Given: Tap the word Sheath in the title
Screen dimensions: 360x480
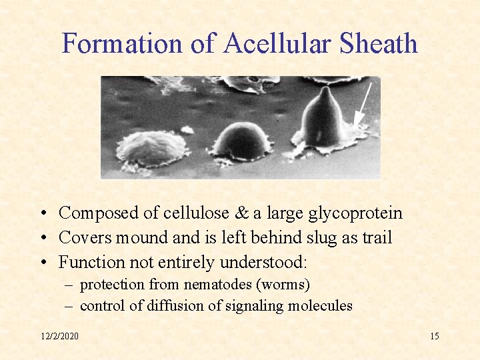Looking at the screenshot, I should point(379,43).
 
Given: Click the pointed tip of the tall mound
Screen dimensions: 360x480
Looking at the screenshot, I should point(325,89).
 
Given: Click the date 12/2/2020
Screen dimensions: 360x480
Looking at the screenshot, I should point(59,336).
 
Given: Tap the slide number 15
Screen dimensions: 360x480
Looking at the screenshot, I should point(434,336).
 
